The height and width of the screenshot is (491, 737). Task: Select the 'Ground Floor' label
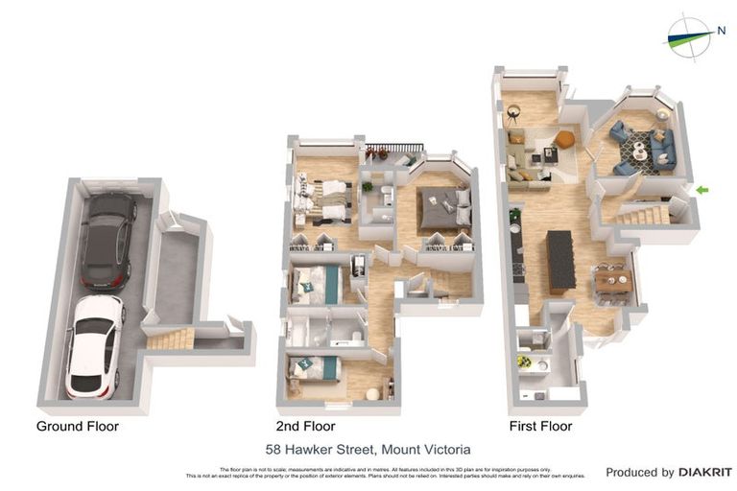click(78, 426)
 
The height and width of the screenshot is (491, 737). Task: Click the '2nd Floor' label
click(305, 426)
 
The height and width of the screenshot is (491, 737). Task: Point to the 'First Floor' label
click(540, 426)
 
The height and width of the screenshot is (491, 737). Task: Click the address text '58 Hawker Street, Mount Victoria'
click(368, 449)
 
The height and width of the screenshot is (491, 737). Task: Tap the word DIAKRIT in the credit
click(704, 472)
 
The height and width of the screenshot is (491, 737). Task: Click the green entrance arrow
click(702, 190)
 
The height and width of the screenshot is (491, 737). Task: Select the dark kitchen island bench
click(560, 259)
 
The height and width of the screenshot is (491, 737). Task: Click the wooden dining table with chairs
click(612, 280)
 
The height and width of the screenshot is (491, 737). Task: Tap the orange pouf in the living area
click(565, 139)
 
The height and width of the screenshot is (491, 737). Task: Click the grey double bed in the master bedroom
click(445, 209)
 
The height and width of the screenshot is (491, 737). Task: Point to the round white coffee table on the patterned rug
click(639, 151)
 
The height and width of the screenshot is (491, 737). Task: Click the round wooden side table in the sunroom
click(514, 111)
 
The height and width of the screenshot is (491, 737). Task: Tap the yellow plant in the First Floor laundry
click(524, 362)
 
